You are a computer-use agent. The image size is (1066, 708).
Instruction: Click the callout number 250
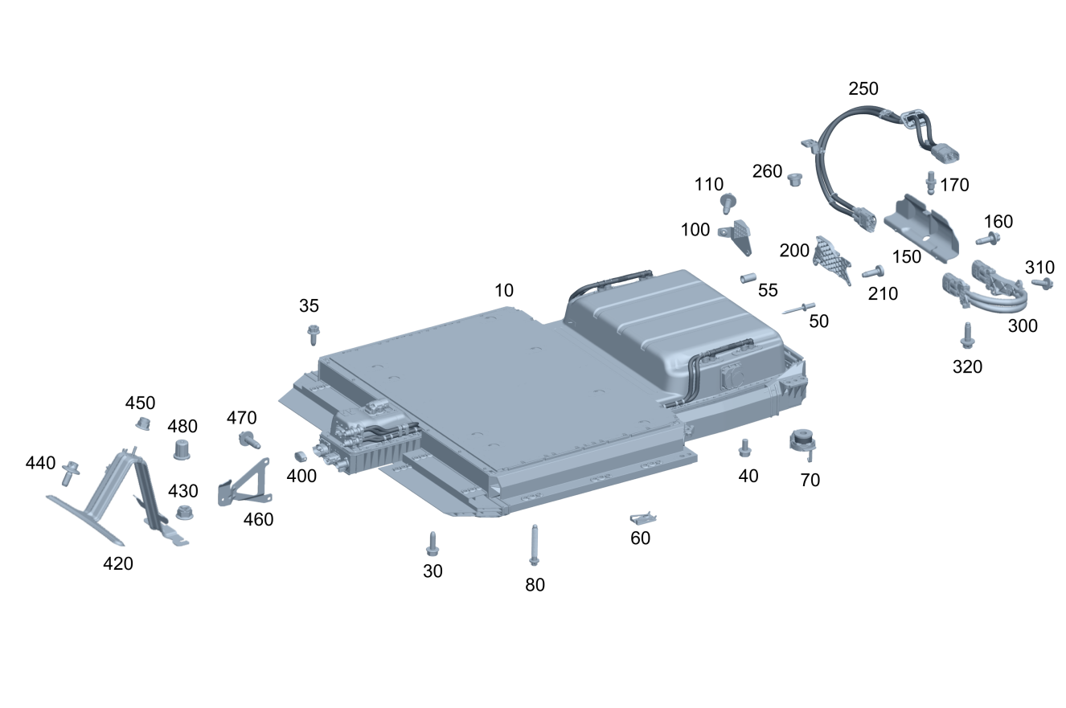click(x=863, y=88)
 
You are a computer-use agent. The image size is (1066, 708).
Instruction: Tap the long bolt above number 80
click(x=534, y=545)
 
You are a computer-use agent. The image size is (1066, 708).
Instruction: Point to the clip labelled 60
click(x=643, y=518)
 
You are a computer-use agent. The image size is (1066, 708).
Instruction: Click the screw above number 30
click(x=433, y=543)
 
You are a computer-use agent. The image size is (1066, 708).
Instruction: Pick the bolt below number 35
click(x=314, y=334)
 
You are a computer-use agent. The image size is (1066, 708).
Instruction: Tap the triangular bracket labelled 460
click(x=245, y=483)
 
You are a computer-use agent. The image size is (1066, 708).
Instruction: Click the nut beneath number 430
click(x=184, y=513)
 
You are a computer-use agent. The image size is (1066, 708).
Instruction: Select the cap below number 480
click(x=182, y=450)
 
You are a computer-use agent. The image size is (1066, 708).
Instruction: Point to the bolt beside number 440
click(x=70, y=473)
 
